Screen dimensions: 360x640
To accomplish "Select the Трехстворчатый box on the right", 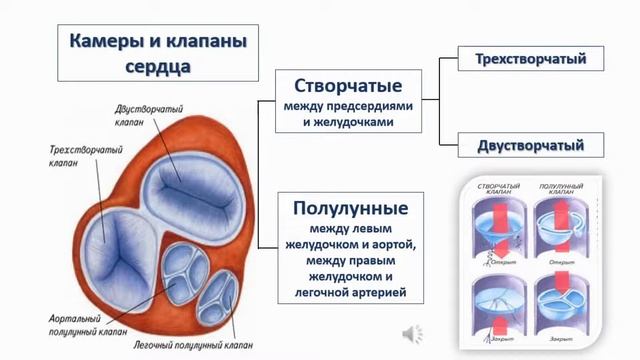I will [530, 60].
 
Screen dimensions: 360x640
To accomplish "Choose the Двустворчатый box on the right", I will [530, 145].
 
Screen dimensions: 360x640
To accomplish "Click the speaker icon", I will [411, 333].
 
